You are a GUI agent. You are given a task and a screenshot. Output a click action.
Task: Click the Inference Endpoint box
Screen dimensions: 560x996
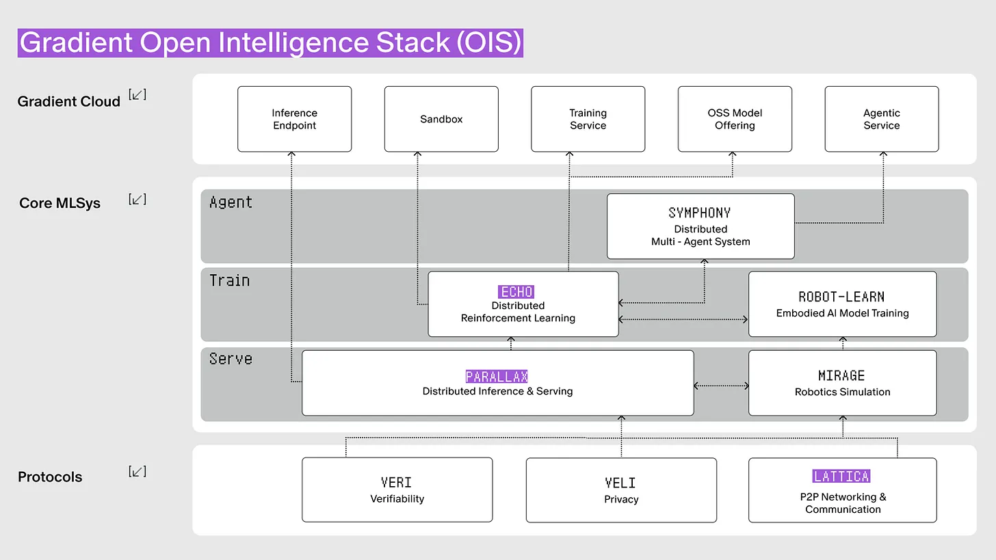(294, 119)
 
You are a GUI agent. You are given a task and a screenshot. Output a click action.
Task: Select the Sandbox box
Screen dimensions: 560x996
(441, 119)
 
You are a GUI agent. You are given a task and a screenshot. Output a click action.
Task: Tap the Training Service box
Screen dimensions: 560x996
(588, 119)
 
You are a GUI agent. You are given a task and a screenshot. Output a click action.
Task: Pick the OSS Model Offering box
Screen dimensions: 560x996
(735, 119)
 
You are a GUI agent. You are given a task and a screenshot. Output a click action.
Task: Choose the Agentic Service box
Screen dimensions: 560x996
(881, 119)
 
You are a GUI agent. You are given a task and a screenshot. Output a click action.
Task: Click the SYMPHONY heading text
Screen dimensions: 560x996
(700, 213)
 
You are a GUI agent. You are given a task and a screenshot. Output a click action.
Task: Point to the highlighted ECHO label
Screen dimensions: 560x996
(516, 292)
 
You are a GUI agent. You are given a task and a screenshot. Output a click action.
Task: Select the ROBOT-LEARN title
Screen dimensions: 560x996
(841, 297)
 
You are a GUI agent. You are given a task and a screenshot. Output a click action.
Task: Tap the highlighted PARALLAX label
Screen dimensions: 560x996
(497, 377)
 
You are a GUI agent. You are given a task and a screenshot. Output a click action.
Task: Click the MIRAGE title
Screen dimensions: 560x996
(841, 375)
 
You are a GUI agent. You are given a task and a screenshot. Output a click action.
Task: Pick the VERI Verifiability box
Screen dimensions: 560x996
(397, 490)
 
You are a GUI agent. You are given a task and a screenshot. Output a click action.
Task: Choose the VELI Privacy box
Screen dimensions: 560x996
(621, 490)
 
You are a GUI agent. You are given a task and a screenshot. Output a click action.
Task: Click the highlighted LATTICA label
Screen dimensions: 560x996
(841, 476)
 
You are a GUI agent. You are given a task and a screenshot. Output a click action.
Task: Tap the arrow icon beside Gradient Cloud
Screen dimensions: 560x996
(137, 95)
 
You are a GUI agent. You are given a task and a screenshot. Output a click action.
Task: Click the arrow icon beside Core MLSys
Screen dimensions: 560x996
(137, 200)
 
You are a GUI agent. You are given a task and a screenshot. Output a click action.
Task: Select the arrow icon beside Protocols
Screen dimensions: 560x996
(137, 471)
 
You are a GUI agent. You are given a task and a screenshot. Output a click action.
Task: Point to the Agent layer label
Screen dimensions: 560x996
(231, 202)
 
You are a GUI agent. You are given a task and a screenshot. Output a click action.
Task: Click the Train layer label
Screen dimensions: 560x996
(229, 280)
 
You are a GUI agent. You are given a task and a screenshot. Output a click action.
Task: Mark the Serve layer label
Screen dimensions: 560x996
(231, 359)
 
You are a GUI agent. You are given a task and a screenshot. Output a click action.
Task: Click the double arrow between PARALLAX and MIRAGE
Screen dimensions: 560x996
(721, 386)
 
